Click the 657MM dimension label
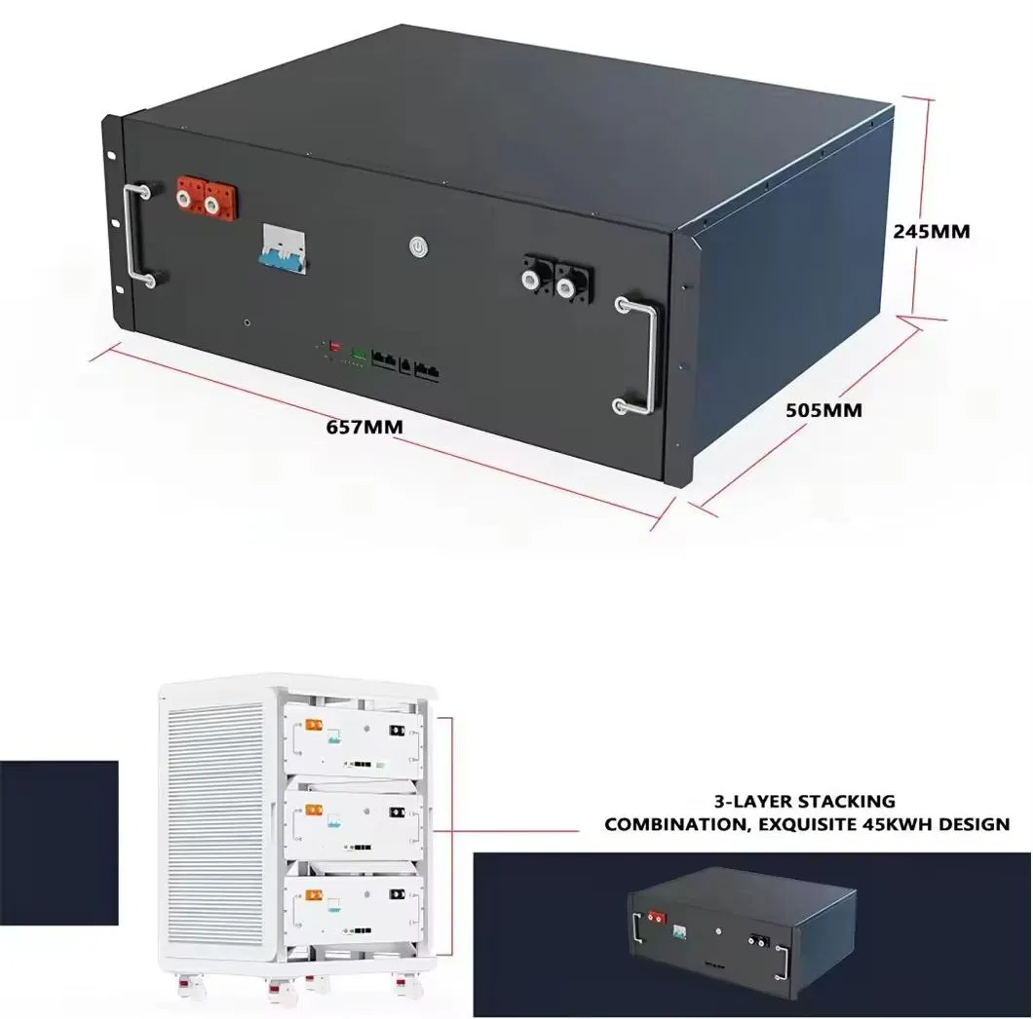365,426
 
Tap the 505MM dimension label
823,410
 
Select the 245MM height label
932,232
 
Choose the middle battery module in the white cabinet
355,820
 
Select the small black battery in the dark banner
743,931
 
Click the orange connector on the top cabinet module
314,725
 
